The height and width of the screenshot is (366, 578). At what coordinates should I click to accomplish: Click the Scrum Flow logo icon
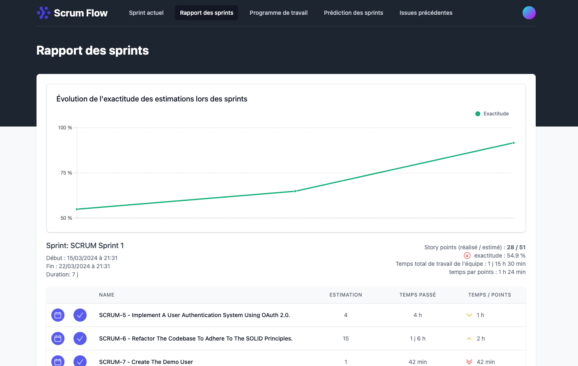tap(44, 13)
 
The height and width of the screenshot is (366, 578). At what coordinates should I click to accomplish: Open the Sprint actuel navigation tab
tap(146, 13)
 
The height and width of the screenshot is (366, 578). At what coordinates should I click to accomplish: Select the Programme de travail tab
tap(278, 13)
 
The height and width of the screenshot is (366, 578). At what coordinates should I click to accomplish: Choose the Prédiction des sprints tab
tap(353, 13)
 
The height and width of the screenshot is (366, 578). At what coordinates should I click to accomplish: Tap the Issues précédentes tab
tap(426, 13)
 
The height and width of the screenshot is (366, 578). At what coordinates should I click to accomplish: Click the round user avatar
tap(529, 13)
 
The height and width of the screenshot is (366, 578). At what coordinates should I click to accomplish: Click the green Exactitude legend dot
tap(478, 114)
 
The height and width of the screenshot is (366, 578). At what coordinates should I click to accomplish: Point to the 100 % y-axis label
tap(65, 128)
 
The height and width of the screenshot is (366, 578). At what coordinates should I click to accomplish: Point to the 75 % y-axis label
tap(66, 173)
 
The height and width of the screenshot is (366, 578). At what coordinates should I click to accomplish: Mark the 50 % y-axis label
tap(66, 218)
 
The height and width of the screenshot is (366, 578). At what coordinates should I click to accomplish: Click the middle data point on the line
tap(295, 191)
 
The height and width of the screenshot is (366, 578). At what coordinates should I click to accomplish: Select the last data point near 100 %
tap(514, 143)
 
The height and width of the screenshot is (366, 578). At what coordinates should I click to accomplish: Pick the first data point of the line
tap(77, 209)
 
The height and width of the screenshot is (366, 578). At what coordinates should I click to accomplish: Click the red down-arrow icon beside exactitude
tap(467, 256)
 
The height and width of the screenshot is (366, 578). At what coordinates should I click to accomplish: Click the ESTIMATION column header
tap(346, 295)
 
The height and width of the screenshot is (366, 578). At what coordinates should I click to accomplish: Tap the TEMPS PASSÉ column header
tap(417, 295)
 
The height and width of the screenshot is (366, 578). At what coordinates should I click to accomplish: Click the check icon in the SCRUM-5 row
tap(80, 315)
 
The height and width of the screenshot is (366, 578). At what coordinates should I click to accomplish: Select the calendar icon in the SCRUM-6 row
tap(58, 338)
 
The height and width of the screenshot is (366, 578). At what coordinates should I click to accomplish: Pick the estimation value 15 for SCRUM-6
tap(346, 338)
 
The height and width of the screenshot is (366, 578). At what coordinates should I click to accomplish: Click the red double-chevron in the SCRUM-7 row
tap(469, 362)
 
